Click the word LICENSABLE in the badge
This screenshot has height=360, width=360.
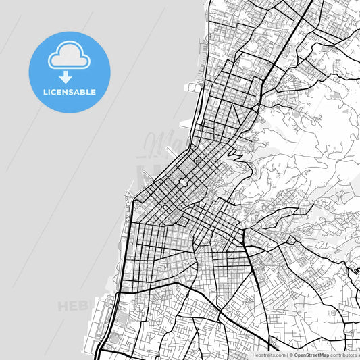coord(70,92)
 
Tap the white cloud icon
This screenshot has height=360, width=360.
coord(69,57)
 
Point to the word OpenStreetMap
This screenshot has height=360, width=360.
coord(311,354)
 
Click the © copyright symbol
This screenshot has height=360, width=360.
coord(290,354)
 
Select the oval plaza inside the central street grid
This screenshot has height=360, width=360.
coord(182,182)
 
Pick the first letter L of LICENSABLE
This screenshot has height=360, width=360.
coord(45,92)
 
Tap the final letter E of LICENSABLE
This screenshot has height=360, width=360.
coord(93,92)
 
